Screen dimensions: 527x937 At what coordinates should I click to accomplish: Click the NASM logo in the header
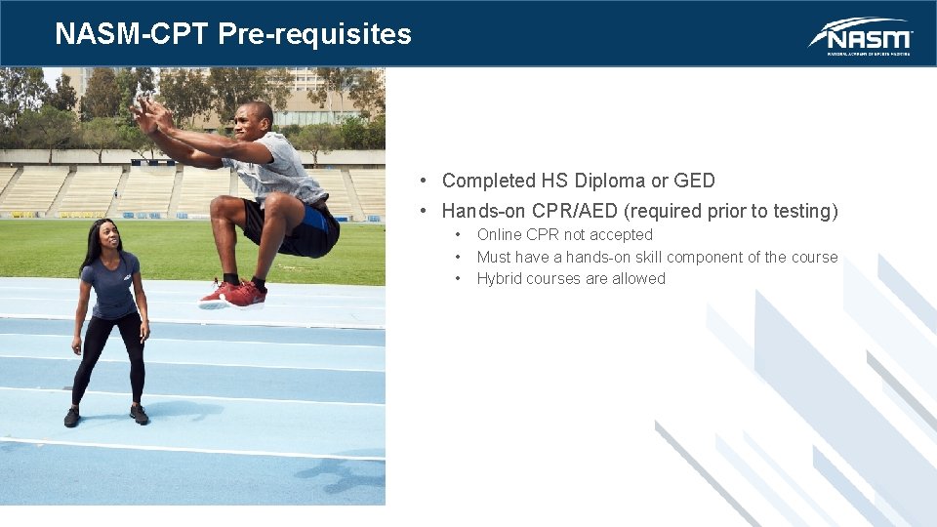click(x=860, y=36)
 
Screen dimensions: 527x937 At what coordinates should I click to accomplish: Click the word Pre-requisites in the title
click(x=314, y=34)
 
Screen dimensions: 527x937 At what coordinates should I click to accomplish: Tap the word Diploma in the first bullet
click(x=610, y=181)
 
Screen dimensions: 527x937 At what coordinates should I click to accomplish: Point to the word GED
click(x=694, y=181)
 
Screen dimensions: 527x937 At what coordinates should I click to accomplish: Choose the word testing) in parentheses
click(x=802, y=211)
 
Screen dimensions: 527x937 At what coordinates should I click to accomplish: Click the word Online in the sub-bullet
click(x=499, y=235)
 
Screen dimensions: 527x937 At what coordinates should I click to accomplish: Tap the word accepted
click(x=621, y=235)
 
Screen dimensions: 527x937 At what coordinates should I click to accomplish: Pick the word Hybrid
click(x=499, y=279)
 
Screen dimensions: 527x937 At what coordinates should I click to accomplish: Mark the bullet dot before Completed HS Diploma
click(x=423, y=181)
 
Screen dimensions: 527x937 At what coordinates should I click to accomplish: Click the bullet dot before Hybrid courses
click(x=457, y=279)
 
